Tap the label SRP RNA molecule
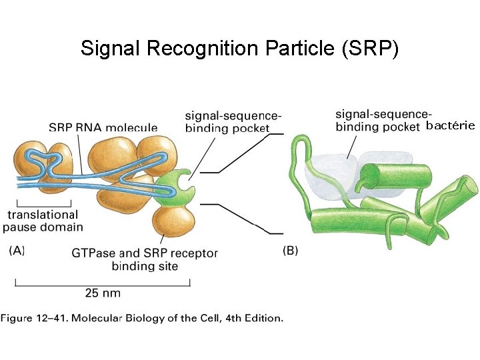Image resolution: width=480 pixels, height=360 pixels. coord(103,127)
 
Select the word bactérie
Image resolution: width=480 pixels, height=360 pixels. coord(450,125)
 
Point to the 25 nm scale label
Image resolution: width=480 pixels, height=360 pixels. coord(103,292)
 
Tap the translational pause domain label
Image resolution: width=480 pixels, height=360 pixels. coord(43,221)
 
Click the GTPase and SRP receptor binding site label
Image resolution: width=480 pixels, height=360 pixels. coord(144,259)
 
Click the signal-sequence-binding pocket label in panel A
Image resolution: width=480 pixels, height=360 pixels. coord(227,122)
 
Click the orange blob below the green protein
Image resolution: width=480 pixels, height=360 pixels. coord(173,223)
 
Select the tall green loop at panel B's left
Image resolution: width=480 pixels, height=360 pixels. coord(297,167)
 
